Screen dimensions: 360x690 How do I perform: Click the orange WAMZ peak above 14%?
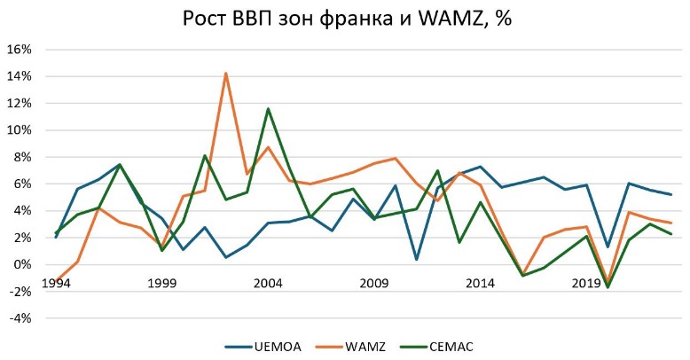tap(226, 73)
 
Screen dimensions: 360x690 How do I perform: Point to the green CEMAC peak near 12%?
tap(268, 109)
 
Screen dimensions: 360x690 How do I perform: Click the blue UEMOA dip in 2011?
tap(417, 259)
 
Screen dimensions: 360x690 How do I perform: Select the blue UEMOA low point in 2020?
tap(608, 247)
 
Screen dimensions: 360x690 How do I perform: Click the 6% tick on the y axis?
tap(22, 184)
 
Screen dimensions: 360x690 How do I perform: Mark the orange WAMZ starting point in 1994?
tap(56, 280)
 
